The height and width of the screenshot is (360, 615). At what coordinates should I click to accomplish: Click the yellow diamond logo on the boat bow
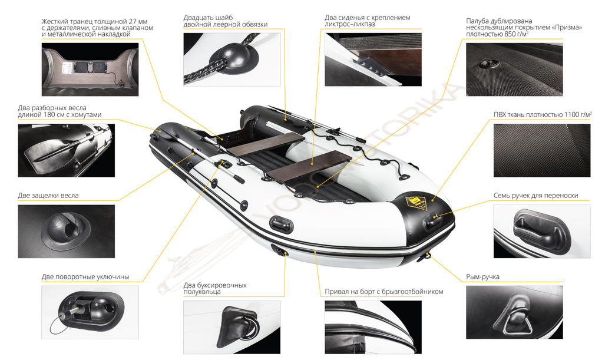pos(417,203)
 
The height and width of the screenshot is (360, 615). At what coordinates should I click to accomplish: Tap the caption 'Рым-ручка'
pos(482,277)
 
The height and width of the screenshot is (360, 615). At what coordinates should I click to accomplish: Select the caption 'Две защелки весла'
pos(48,196)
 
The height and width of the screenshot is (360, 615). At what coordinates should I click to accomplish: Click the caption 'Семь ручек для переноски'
pos(536,196)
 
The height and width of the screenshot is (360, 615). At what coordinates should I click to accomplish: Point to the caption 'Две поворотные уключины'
pos(85,277)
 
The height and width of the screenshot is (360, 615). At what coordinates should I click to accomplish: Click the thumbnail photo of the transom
pos(90,70)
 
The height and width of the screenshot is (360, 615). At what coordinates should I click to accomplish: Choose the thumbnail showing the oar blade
pos(67,151)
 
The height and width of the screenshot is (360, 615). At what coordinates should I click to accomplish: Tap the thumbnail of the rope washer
pos(232,60)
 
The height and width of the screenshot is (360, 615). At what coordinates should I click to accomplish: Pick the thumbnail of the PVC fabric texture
pos(541,151)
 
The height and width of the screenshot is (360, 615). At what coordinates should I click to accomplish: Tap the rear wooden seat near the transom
pos(265,143)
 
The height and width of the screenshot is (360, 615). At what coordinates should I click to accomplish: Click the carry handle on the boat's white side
pos(281,224)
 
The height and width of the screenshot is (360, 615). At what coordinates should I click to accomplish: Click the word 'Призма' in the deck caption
pos(567,28)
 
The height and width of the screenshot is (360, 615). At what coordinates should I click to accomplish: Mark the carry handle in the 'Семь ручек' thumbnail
pos(542,230)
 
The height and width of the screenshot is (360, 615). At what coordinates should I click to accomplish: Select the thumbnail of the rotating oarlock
pos(90,312)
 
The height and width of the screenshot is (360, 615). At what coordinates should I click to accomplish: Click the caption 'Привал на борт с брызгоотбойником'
pos(384,292)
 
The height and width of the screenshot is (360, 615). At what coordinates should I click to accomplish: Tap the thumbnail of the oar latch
pos(67,232)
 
